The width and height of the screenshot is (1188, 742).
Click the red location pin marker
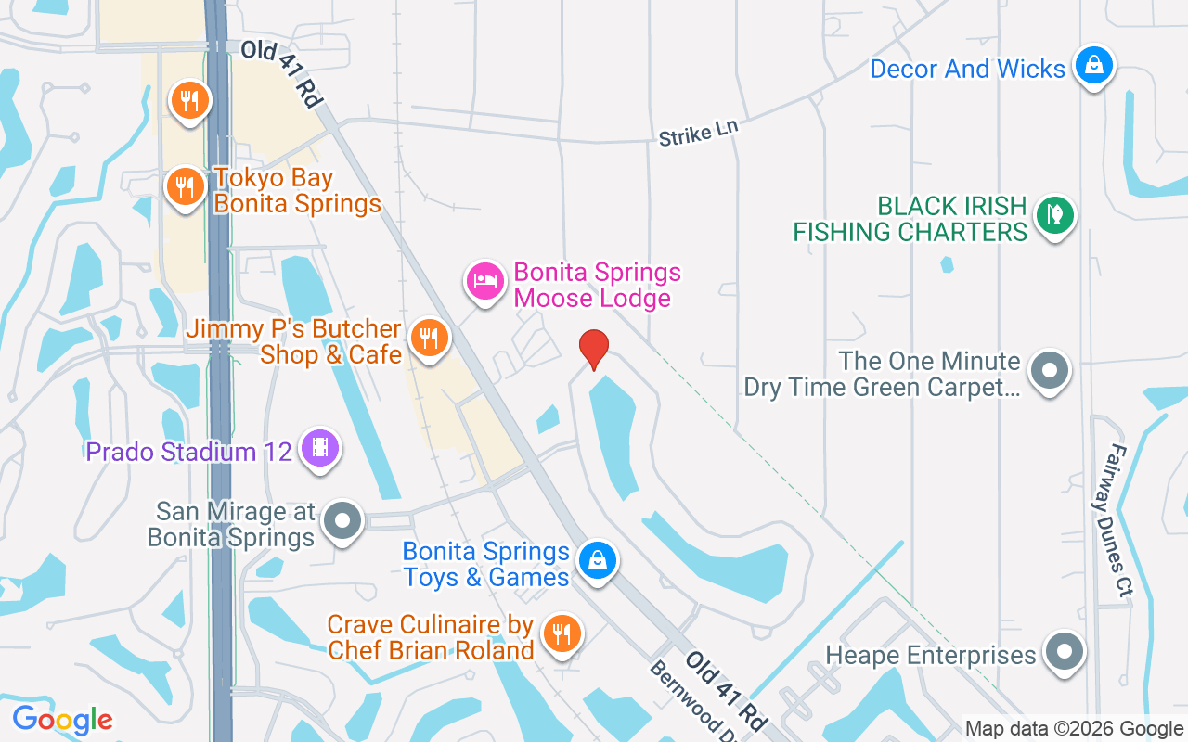click(594, 349)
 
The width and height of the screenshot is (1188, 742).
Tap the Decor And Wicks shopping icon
click(1094, 65)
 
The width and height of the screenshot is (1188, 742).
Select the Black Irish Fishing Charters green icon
click(1053, 215)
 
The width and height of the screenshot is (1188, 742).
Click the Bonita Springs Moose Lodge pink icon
click(485, 280)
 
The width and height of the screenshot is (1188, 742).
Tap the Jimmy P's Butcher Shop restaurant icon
click(428, 338)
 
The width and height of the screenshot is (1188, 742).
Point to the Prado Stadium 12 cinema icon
click(320, 450)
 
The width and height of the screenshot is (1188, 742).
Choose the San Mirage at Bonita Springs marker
click(342, 521)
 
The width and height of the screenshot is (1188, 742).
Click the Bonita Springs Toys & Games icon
click(598, 560)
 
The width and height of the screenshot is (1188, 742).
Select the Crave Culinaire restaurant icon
click(561, 633)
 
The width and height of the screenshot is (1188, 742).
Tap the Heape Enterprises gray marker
click(1064, 652)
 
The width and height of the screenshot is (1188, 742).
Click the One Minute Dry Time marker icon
click(1050, 371)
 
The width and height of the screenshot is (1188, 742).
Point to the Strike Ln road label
click(698, 133)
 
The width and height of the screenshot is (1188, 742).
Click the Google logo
click(62, 720)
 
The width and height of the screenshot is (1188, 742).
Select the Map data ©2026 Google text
click(1073, 729)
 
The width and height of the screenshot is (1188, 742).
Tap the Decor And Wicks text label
click(967, 70)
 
